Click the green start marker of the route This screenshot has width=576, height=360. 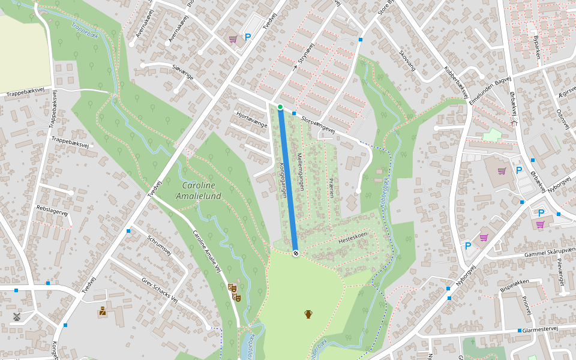click(280, 107)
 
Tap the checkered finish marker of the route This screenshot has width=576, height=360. click(296, 253)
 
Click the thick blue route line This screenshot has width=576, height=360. click(288, 180)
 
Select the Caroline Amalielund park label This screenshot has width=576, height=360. click(199, 191)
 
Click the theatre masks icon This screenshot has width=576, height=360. click(234, 292)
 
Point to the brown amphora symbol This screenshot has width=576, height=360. click(308, 314)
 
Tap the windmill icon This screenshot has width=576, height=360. click(17, 316)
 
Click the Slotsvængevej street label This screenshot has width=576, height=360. click(317, 125)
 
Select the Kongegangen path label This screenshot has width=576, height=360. click(283, 181)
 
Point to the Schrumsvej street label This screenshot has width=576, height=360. click(159, 245)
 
